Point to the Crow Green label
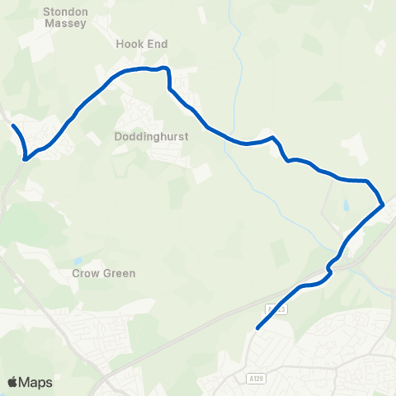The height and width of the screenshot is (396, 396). click(103, 273)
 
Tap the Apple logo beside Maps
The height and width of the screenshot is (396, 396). click(12, 382)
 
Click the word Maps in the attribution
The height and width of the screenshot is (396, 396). click(35, 382)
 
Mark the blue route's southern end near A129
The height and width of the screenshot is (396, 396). click(258, 328)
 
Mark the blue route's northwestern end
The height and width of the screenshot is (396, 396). click(14, 125)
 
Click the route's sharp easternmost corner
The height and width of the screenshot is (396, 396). click(384, 204)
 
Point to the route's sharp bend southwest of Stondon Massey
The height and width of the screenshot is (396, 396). click(26, 158)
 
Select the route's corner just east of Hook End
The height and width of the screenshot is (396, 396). click(167, 69)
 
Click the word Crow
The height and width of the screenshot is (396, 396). click(86, 273)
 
